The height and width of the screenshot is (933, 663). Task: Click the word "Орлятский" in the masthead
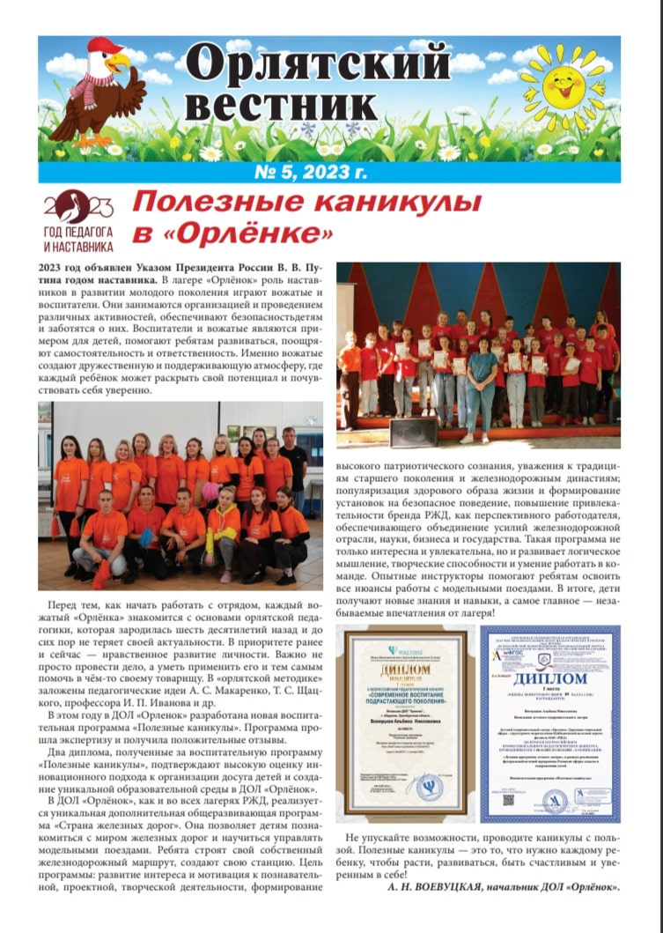318,64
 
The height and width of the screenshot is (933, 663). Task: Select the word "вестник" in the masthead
281,106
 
